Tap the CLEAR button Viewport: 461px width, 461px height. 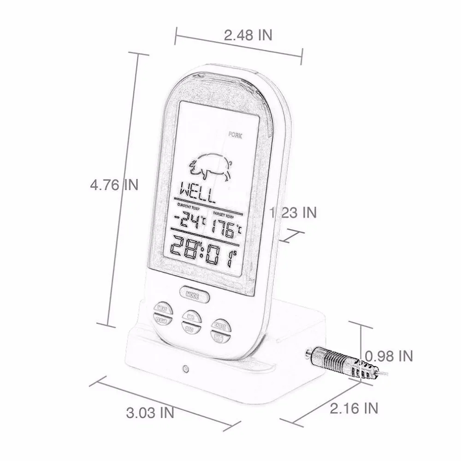161,320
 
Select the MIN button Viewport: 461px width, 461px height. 189,316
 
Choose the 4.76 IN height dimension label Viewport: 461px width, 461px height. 114,185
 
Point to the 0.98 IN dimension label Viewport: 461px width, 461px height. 389,356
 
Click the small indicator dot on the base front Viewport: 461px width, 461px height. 185,369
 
